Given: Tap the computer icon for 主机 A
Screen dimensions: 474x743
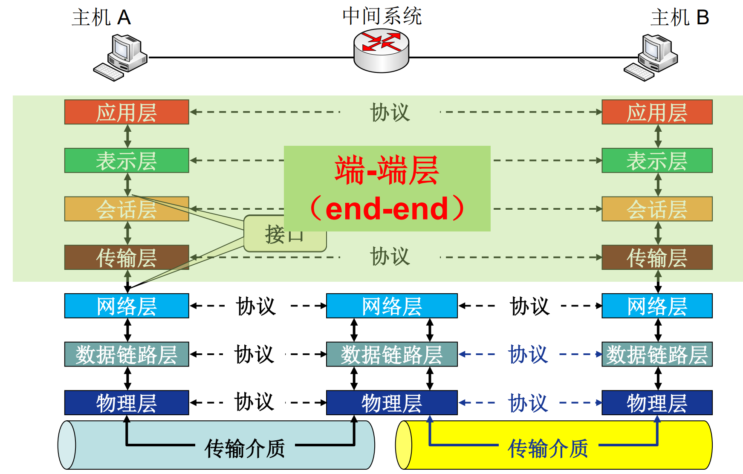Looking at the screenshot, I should click(121, 58).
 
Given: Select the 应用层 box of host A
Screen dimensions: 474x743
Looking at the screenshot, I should click(126, 112).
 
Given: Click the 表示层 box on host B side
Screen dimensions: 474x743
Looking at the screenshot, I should click(656, 161).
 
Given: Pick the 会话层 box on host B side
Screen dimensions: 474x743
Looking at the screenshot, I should click(656, 209).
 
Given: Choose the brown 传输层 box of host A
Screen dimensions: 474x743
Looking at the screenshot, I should click(126, 257).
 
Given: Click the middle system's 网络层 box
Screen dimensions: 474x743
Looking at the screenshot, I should click(391, 306).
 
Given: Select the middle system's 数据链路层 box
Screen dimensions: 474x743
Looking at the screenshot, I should click(391, 354).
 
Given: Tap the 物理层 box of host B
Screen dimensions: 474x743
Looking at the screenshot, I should click(656, 403).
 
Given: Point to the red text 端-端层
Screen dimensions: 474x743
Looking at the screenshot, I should click(387, 171).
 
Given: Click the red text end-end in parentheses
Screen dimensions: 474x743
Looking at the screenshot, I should click(387, 209).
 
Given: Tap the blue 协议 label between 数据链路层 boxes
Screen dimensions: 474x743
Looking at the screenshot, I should click(528, 354).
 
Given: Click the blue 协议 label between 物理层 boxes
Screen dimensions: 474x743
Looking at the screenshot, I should click(528, 403).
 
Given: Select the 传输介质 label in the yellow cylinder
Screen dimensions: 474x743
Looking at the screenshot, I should click(548, 448).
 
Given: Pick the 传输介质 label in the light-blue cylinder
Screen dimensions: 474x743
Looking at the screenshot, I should click(245, 448).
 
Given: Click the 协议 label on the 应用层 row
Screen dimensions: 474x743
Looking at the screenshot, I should click(390, 113).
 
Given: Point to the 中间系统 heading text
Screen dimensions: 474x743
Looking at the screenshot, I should click(382, 16).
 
